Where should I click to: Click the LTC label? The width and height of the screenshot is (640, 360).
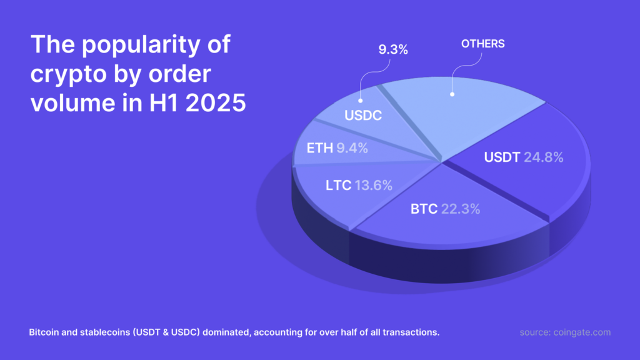337,185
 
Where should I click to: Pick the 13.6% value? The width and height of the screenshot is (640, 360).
374,185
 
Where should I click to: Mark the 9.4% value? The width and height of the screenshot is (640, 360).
351,148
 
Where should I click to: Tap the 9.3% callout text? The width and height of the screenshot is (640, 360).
394,48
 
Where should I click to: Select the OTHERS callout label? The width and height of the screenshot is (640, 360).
482,44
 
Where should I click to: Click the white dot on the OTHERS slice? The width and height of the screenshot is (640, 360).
452,95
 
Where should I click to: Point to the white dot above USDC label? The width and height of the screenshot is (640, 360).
361,99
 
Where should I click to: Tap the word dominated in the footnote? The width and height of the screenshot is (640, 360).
226,332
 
